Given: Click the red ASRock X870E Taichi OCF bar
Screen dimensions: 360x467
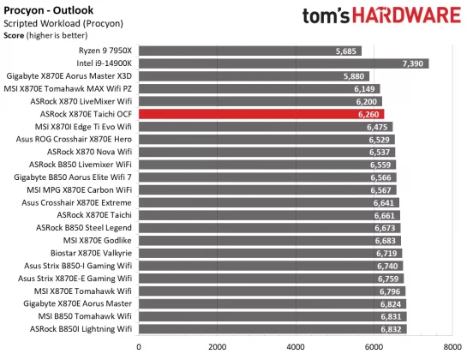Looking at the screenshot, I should click(261, 113).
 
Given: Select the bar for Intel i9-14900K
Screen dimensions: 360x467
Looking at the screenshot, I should click(284, 63).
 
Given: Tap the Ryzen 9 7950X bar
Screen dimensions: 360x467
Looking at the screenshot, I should click(250, 51).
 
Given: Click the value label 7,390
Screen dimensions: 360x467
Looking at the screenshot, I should click(412, 63).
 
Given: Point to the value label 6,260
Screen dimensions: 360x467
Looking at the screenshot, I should click(368, 113).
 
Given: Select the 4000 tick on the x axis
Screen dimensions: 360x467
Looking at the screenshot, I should click(296, 347).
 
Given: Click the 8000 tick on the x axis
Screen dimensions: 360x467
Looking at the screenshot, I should click(452, 347).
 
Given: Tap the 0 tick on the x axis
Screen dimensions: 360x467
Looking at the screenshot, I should click(140, 347).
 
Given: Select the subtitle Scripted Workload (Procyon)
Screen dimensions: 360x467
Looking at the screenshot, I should click(59, 23).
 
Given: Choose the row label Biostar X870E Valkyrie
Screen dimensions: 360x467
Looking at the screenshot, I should click(87, 253).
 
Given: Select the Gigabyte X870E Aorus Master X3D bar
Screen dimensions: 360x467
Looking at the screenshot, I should click(254, 75).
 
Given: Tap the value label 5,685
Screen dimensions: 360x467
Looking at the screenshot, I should click(346, 51).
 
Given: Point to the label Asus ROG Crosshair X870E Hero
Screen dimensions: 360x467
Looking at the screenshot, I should click(74, 139).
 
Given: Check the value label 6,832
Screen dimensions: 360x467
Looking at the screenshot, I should click(390, 328).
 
